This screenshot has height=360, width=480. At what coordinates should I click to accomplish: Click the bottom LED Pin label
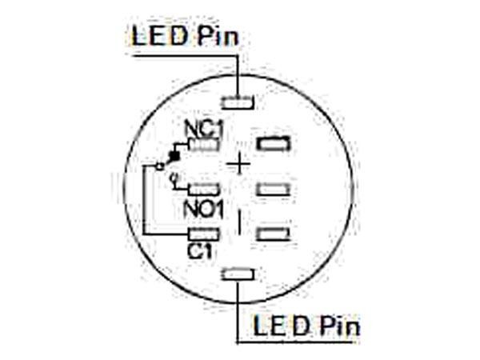306,326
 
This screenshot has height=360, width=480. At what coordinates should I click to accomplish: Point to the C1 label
199,250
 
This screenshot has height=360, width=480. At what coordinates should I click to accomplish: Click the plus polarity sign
238,164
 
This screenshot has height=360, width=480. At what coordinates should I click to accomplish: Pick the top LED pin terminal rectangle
238,102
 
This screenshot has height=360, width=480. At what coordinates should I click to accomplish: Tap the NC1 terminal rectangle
206,146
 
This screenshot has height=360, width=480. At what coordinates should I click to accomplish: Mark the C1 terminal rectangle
204,234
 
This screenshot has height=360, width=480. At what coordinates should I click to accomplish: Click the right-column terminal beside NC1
272,145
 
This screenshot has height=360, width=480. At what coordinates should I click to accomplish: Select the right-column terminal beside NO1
273,190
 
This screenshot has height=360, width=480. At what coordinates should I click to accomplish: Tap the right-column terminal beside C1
273,234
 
